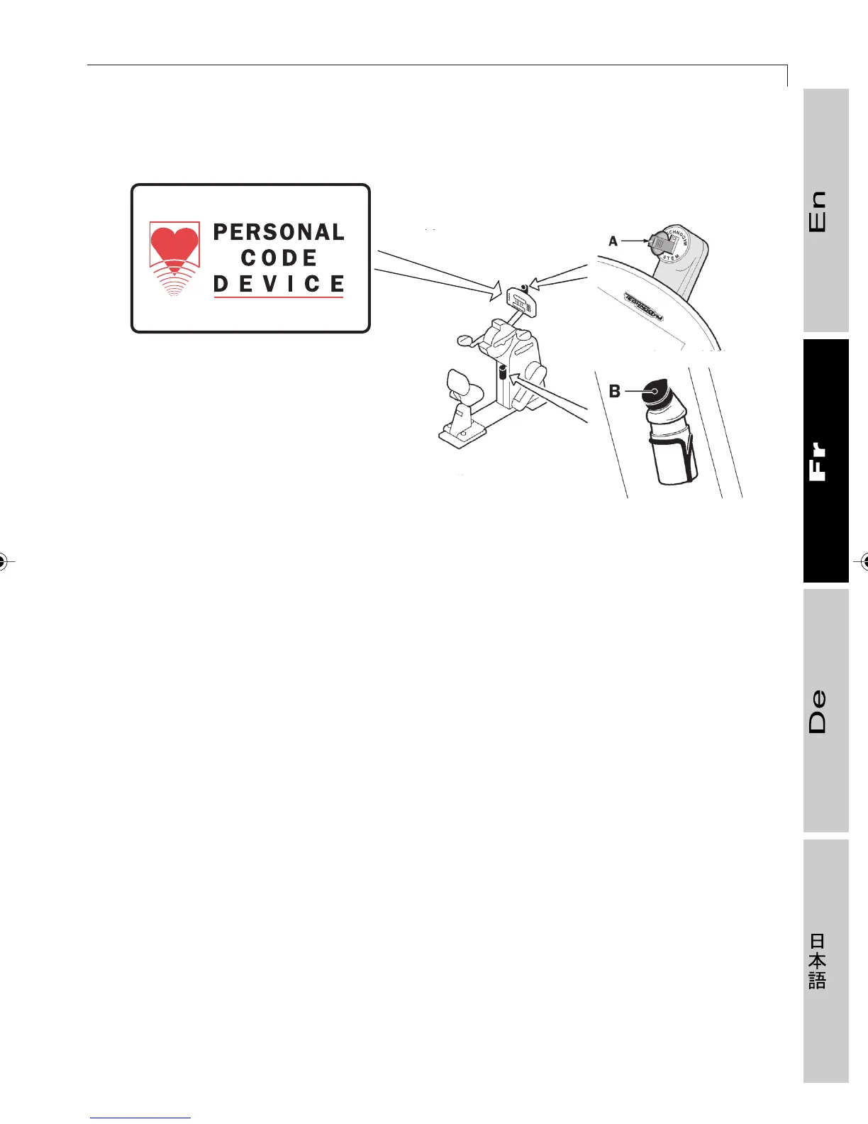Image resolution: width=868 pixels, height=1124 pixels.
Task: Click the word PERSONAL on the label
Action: [x=279, y=232]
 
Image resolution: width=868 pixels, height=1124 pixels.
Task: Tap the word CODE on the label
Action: [x=279, y=258]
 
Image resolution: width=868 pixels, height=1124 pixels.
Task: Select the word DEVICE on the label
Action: [x=279, y=284]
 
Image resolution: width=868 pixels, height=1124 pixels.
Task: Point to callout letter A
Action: [x=613, y=241]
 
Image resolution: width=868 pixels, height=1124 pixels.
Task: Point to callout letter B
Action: [x=615, y=391]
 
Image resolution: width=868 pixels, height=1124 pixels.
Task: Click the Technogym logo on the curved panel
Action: [x=643, y=307]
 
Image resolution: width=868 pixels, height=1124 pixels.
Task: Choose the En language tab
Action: [x=825, y=211]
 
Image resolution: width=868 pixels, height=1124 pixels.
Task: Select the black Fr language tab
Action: [x=825, y=461]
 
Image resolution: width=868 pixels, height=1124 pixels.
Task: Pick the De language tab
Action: [x=825, y=710]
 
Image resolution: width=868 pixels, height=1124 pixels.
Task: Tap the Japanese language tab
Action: [x=825, y=961]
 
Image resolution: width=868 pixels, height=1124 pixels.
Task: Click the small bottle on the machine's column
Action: [x=502, y=371]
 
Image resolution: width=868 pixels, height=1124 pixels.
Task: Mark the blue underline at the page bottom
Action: [x=140, y=1118]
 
